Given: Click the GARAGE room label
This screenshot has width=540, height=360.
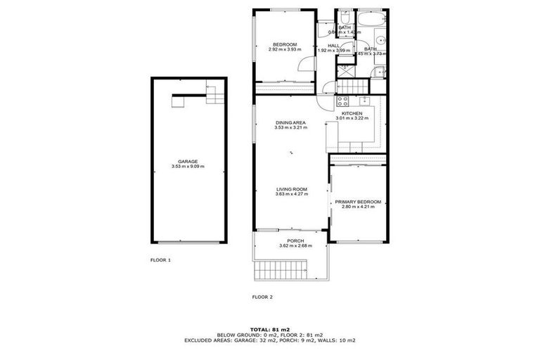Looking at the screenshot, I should click(188, 161).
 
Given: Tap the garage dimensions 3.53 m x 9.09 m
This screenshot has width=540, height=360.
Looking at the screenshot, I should click(188, 167).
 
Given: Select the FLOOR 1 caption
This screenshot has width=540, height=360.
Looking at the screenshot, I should click(160, 260).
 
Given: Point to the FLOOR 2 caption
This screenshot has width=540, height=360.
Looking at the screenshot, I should click(262, 297).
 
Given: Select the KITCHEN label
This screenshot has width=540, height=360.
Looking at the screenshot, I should click(352, 113).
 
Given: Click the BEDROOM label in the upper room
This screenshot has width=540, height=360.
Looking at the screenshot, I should click(285, 44).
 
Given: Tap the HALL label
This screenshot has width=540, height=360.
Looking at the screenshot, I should click(333, 45).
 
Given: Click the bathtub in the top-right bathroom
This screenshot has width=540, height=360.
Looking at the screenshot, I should click(370, 18).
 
